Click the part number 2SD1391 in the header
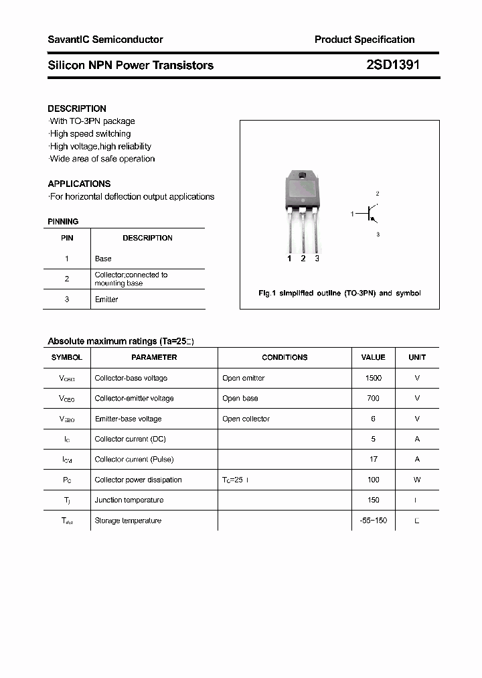393,65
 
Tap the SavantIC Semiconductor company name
105,40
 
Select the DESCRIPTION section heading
77,109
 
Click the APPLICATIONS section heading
79,184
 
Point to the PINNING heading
63,222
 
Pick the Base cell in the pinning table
103,259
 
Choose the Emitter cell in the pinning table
106,299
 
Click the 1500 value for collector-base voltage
373,378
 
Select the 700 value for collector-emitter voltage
373,398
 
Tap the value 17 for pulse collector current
373,459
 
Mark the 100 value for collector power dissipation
373,480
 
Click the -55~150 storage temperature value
373,521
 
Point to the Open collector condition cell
246,419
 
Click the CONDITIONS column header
285,358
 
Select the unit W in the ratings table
417,480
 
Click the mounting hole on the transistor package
303,177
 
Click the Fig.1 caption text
339,293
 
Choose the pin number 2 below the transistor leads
303,259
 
